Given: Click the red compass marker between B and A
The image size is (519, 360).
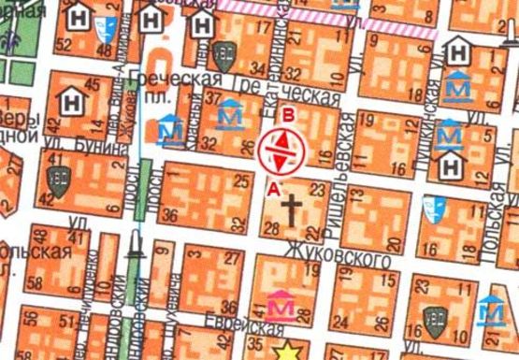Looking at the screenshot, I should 281,151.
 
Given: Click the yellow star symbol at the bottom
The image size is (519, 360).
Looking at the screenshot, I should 288,350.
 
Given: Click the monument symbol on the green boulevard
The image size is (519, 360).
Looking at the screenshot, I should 137,245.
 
